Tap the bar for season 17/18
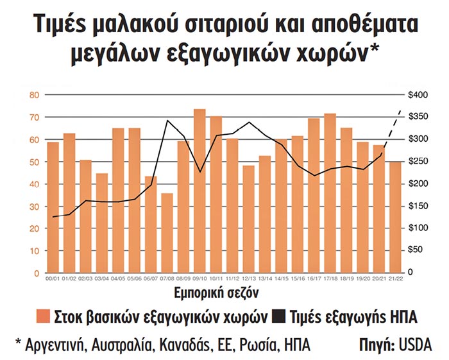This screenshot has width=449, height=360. tap(330, 193)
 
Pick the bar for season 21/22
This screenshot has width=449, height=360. tap(396, 218)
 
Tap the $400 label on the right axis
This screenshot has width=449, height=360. tap(419, 95)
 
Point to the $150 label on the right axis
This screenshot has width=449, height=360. tap(419, 207)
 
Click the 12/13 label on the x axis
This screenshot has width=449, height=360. tap(248, 279)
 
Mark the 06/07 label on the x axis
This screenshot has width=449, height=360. tap(150, 279)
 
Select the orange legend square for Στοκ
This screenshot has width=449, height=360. tap(43, 316)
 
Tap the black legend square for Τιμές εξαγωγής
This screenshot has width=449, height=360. tap(277, 316)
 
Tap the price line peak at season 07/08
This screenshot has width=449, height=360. tap(167, 121)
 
